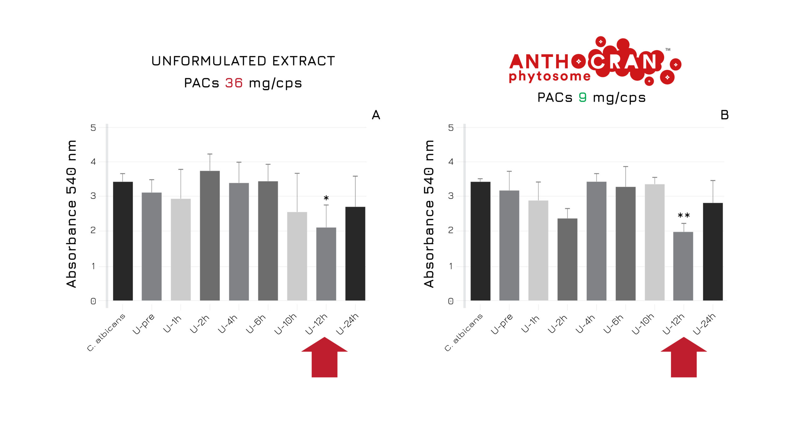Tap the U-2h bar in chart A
coord(210,235)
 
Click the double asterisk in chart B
coord(684,216)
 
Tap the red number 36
coord(234,83)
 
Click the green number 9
coord(582,97)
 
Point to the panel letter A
coord(376,115)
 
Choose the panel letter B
coord(725,115)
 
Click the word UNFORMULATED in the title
coord(209,61)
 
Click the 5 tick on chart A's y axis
coord(93,128)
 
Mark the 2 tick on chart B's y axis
coord(451,230)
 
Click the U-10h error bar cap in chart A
coord(297,173)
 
